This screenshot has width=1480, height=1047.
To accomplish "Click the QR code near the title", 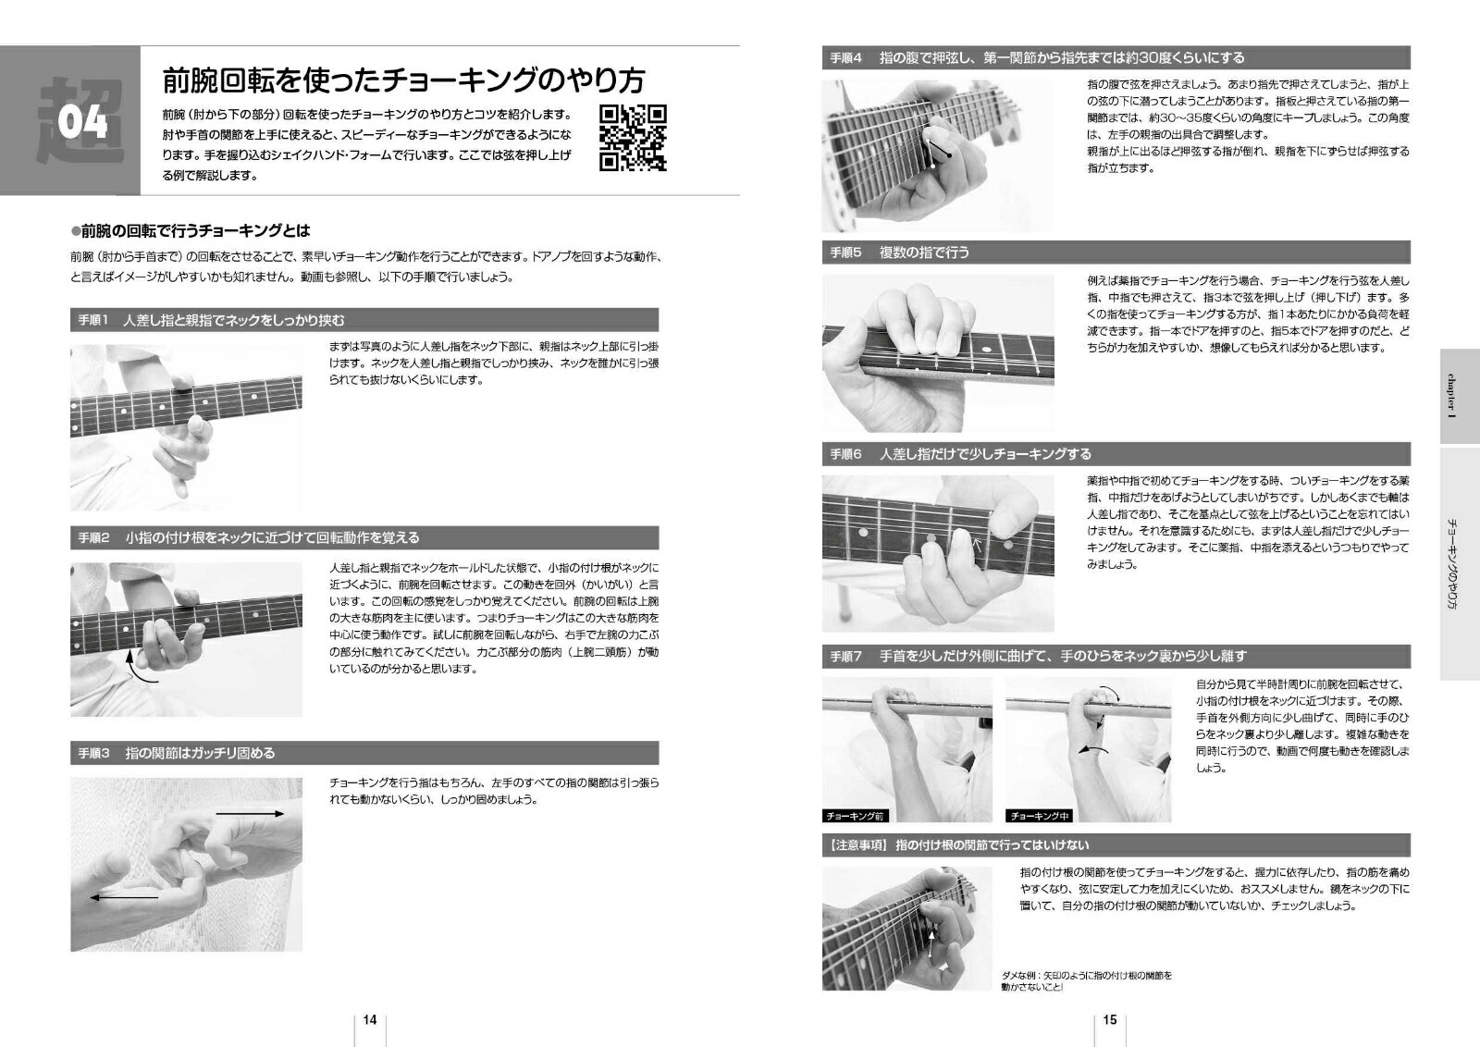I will tap(633, 138).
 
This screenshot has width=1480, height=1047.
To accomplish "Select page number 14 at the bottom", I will tap(370, 1019).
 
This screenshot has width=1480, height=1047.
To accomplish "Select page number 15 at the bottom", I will tap(1110, 1019).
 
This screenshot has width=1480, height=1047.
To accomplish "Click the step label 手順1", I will tap(93, 320).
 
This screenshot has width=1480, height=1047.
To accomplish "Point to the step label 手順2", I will tap(93, 537).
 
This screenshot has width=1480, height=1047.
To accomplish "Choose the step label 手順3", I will tap(93, 753).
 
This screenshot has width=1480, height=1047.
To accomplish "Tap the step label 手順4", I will tap(845, 57).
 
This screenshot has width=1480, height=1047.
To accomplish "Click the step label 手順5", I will tap(845, 252).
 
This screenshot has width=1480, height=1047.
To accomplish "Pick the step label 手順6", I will tap(845, 454).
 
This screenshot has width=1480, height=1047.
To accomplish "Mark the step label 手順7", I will tap(845, 656).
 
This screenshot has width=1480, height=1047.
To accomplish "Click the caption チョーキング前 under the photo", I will tap(855, 816).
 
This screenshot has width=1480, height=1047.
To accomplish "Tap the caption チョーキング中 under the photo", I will tap(1040, 816).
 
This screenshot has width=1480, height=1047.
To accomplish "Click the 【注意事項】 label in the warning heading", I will tap(858, 844).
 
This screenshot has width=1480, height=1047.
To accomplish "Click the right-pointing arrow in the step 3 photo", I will tap(250, 814).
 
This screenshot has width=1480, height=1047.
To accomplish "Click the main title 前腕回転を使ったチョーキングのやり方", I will tap(403, 80).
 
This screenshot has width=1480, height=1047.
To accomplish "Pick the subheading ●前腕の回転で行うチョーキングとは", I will tap(191, 230).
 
